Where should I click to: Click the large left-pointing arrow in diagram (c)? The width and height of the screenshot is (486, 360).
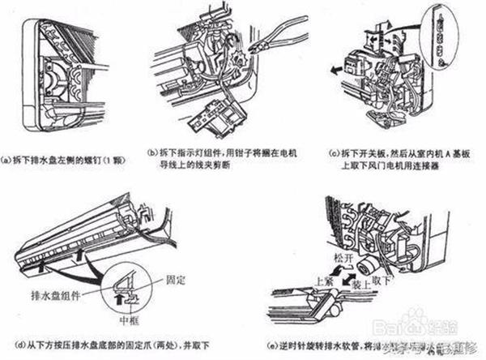335,73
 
